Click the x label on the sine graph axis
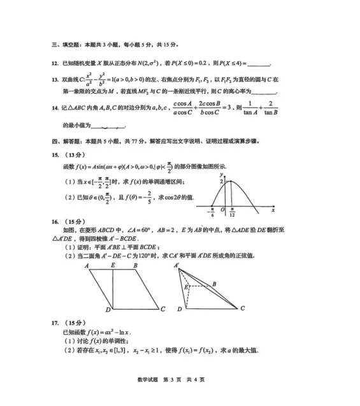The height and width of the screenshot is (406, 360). pos(273,210)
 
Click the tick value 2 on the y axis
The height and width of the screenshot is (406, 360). pos(221,182)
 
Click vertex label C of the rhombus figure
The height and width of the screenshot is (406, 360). pos(163,310)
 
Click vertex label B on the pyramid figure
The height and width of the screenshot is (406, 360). pos(214,284)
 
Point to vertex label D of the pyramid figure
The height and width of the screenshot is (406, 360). pos(180,309)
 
